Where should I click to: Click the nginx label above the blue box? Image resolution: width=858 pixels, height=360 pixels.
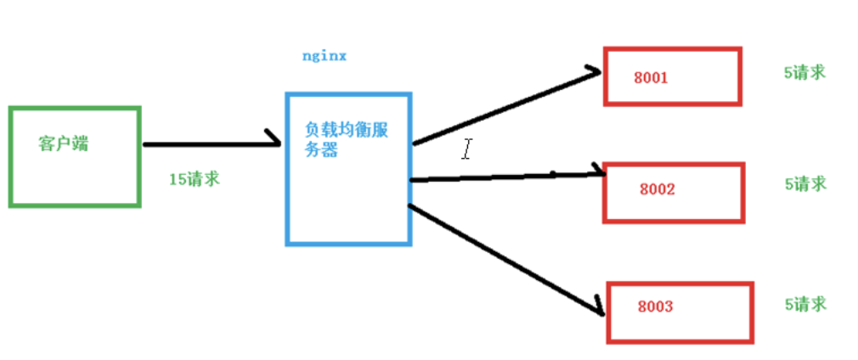pyautogui.click(x=325, y=57)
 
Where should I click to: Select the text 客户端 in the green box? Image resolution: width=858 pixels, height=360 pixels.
pyautogui.click(x=64, y=143)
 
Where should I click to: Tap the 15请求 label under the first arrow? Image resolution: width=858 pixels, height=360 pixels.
pyautogui.click(x=194, y=179)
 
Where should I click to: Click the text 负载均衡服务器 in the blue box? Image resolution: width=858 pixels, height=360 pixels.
pyautogui.click(x=347, y=139)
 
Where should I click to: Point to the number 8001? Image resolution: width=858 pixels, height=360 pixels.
pyautogui.click(x=651, y=78)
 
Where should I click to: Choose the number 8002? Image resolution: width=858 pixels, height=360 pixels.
pyautogui.click(x=656, y=189)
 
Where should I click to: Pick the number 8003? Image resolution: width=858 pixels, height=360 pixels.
pyautogui.click(x=655, y=306)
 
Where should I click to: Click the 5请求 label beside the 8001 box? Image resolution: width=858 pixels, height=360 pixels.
pyautogui.click(x=804, y=73)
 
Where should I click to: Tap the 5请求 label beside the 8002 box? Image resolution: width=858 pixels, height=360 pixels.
pyautogui.click(x=804, y=183)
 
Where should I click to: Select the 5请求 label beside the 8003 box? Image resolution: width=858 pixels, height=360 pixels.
pyautogui.click(x=804, y=304)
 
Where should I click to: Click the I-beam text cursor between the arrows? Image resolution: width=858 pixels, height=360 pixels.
pyautogui.click(x=466, y=150)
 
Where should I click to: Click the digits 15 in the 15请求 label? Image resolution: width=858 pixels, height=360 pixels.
pyautogui.click(x=177, y=179)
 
